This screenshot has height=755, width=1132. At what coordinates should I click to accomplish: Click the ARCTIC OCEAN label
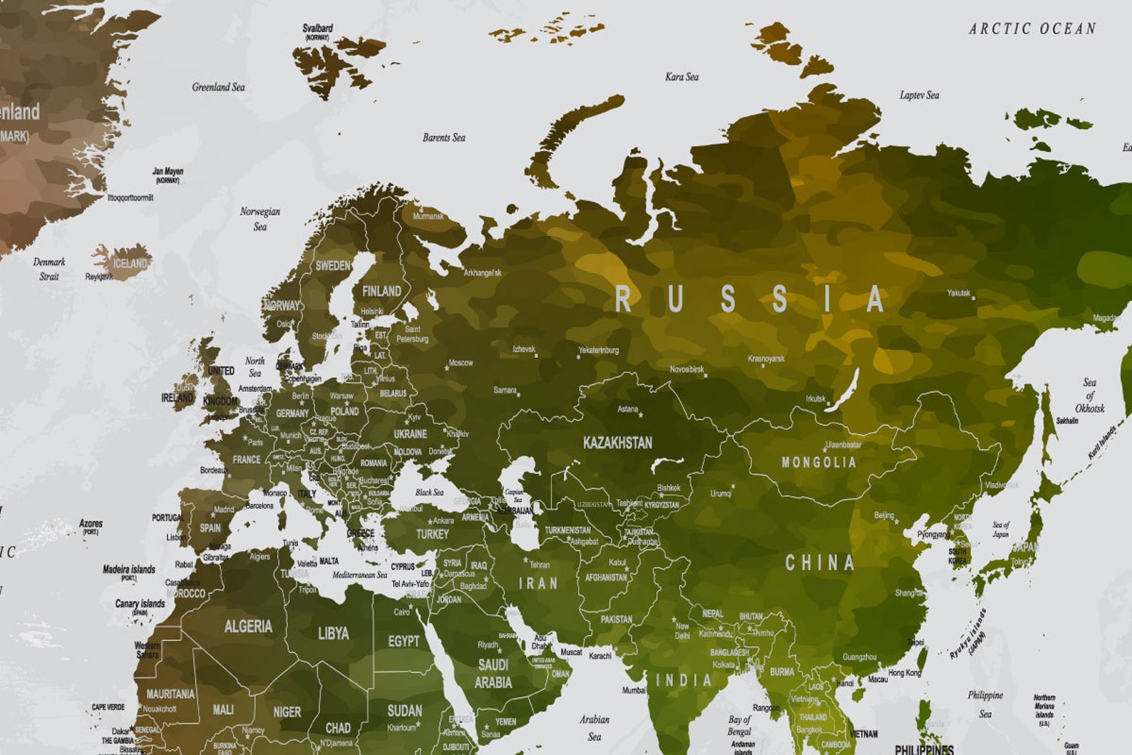1031,29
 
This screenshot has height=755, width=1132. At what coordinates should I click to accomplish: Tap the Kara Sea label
681,77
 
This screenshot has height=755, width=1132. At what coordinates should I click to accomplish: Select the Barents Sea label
443,138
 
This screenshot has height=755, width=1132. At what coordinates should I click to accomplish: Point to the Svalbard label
317,29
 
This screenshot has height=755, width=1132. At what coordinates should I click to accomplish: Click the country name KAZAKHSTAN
617,443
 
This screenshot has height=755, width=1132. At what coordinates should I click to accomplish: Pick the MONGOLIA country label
818,462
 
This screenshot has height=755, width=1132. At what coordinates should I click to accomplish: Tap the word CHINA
819,563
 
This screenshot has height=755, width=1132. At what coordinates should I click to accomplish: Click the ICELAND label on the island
130,263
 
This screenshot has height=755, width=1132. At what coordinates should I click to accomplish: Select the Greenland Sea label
218,87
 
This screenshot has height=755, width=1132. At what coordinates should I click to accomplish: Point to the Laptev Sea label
919,95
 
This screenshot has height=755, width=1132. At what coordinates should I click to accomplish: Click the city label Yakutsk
958,293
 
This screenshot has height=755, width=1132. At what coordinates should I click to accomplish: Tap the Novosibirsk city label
686,369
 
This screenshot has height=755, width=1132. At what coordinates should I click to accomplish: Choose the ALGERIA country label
248,627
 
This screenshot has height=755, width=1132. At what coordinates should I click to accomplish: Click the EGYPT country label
403,641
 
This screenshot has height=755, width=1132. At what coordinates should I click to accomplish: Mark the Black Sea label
429,492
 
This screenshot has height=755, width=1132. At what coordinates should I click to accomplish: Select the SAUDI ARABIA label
493,673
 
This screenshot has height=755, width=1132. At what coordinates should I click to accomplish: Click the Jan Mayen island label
168,172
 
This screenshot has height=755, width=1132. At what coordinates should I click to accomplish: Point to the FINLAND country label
381,291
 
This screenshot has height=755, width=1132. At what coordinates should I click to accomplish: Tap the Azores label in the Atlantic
91,523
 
